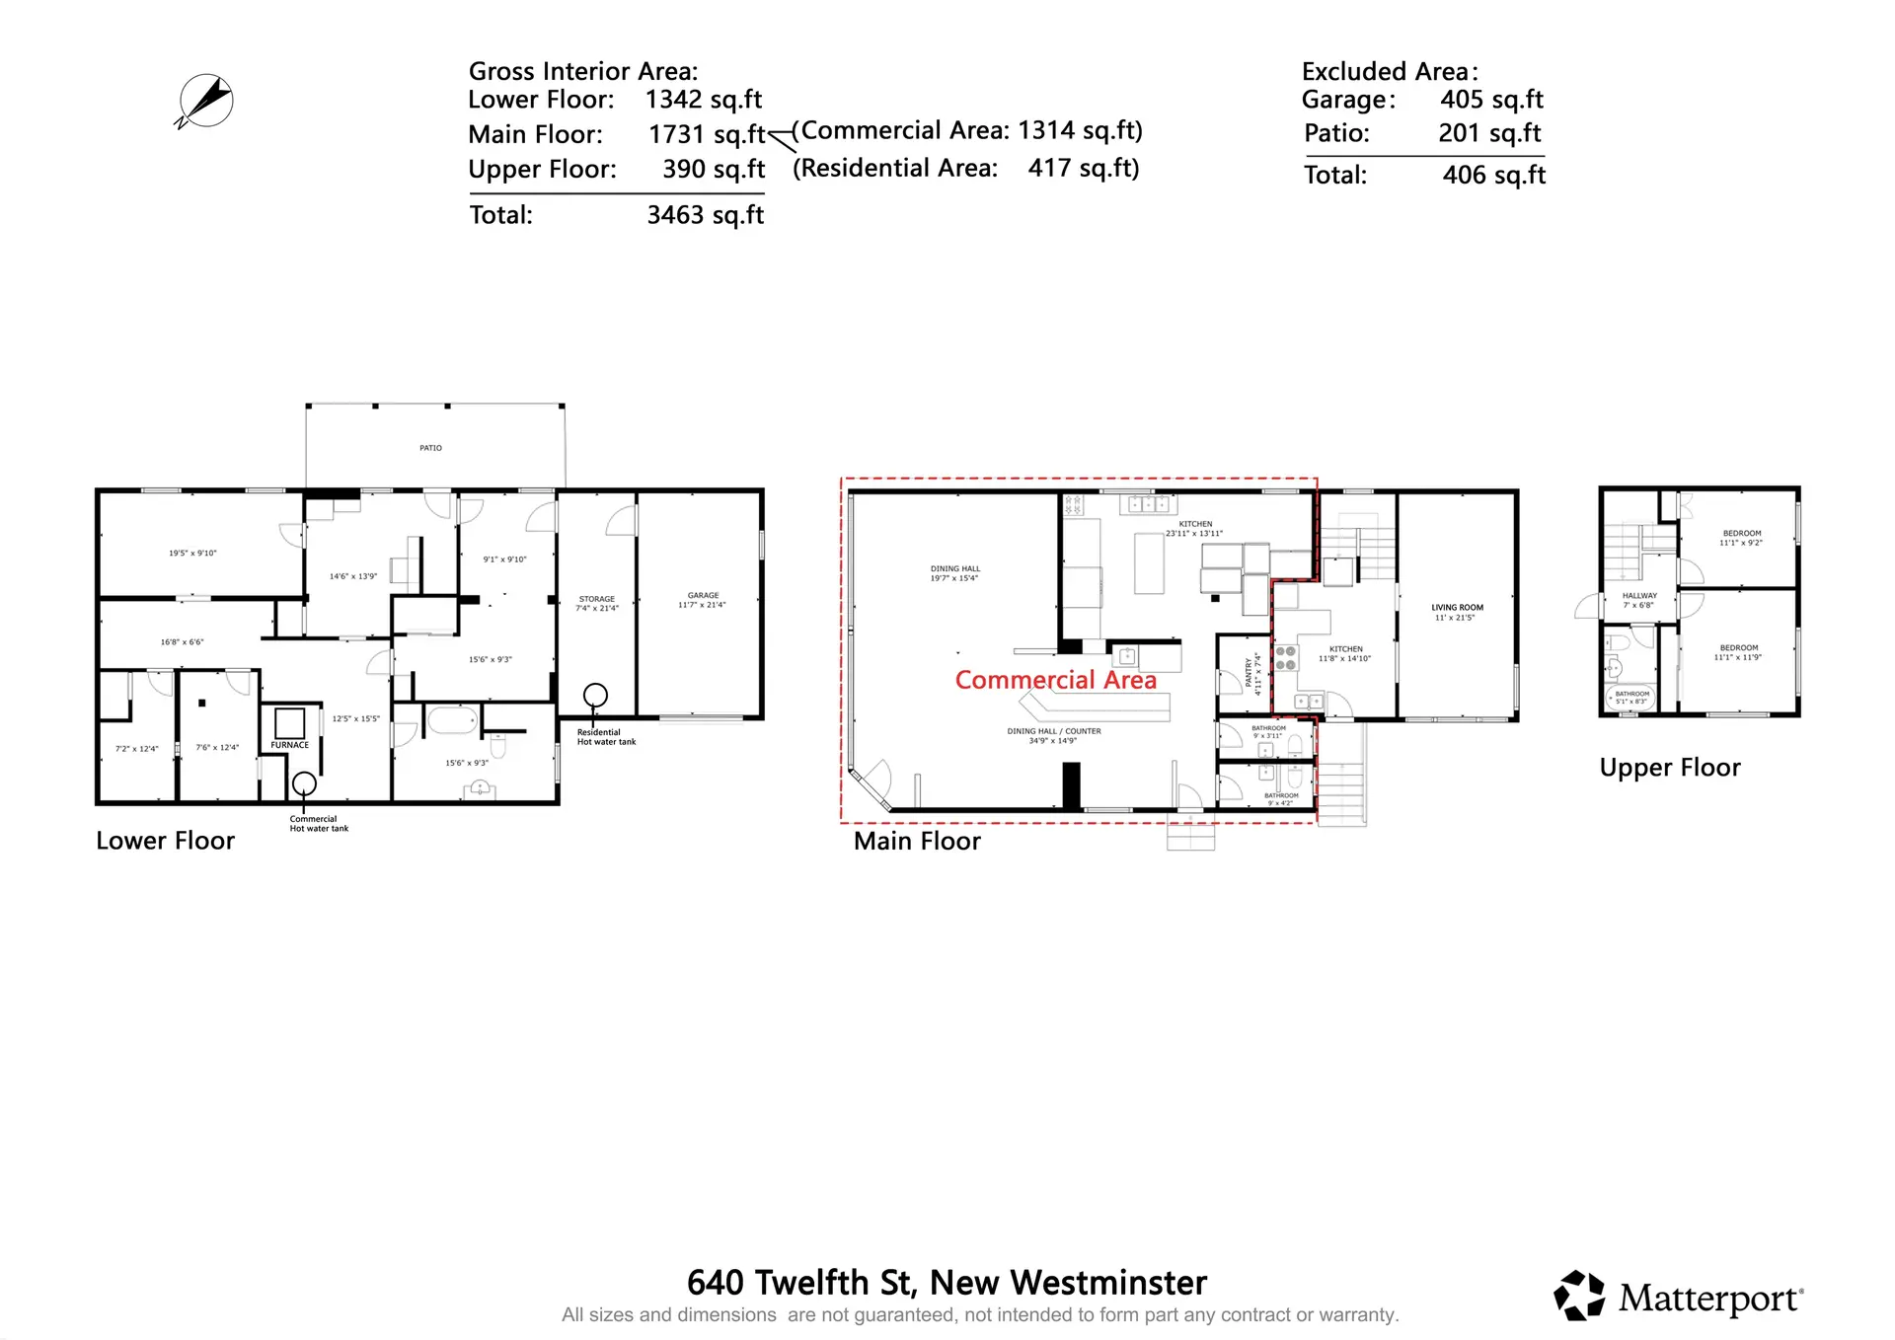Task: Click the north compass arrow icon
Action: click(x=205, y=101)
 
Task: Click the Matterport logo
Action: click(x=1679, y=1297)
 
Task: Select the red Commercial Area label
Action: click(x=1055, y=680)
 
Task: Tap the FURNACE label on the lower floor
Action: click(x=290, y=745)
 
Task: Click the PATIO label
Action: click(x=430, y=448)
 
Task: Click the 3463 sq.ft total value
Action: click(x=705, y=215)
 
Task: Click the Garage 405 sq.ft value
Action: click(x=1491, y=100)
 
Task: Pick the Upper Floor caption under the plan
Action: click(x=1669, y=768)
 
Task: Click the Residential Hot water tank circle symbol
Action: click(x=595, y=696)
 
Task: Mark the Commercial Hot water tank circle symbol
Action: click(x=304, y=784)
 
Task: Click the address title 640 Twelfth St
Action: click(x=946, y=1282)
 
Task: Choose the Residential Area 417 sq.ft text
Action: click(x=965, y=169)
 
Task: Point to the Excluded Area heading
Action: click(x=1389, y=71)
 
